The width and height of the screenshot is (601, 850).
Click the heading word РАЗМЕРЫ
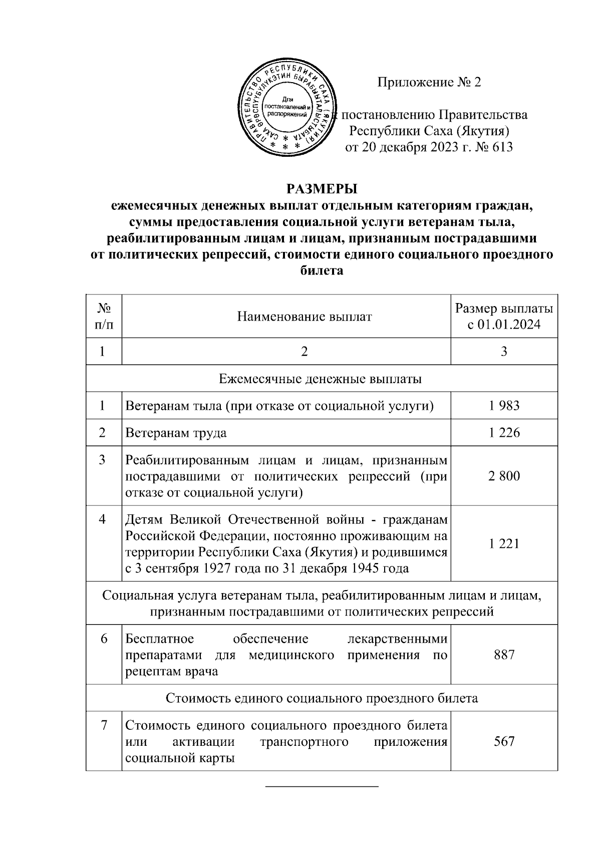[322, 189]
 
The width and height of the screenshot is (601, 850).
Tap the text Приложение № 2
[429, 82]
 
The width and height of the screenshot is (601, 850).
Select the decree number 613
[502, 147]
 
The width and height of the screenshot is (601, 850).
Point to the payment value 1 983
[504, 405]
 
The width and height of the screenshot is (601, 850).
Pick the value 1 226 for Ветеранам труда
[504, 432]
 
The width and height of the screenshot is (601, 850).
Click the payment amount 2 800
[504, 475]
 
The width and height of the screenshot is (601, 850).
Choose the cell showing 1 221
[504, 543]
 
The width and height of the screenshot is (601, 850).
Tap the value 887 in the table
[504, 654]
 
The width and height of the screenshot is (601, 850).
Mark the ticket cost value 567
[504, 741]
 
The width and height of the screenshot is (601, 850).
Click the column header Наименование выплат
[305, 317]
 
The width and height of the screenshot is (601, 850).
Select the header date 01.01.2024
[509, 325]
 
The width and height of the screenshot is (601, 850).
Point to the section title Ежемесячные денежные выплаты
[321, 378]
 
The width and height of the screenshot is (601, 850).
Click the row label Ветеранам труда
[176, 432]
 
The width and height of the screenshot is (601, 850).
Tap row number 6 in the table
[104, 639]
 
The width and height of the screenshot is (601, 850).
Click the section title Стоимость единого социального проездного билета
[321, 698]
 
